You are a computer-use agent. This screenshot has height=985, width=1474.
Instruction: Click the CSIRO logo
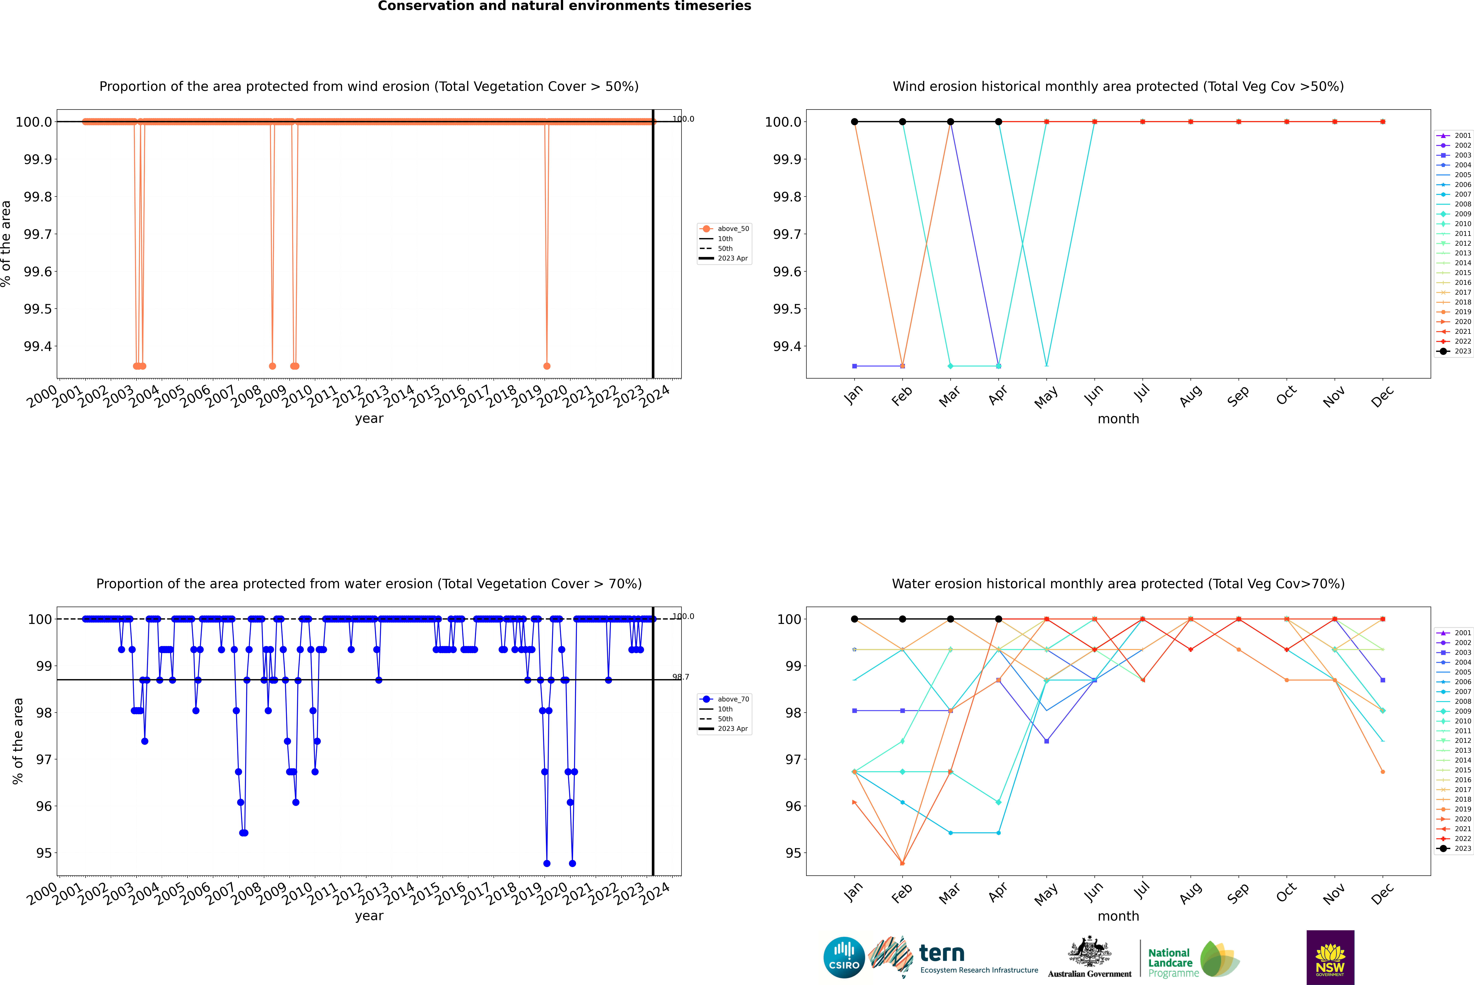point(844,957)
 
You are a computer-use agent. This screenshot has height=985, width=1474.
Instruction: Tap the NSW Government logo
point(1330,957)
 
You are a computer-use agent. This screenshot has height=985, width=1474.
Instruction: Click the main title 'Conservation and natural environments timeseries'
point(564,6)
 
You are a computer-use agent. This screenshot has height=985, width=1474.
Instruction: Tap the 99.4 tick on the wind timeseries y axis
point(38,346)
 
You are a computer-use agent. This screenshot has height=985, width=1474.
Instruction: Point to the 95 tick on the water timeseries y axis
point(44,853)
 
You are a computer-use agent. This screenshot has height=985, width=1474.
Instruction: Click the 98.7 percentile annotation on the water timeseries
point(680,677)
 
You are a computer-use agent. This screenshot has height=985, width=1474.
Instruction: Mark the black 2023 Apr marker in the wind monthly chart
point(998,122)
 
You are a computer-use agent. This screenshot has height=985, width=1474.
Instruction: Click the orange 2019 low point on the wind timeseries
point(547,366)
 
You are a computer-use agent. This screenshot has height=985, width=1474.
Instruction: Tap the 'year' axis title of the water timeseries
point(369,916)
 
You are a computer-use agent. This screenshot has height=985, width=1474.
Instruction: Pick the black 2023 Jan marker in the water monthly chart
point(854,619)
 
